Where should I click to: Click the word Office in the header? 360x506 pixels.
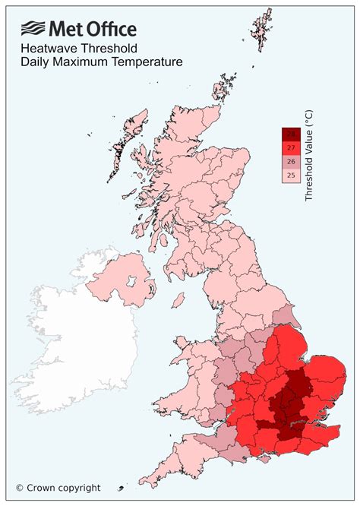tap(112, 30)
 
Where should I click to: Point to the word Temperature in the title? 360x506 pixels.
tap(144, 62)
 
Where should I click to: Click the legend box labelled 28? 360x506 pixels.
tap(291, 134)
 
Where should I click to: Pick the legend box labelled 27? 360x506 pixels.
tap(291, 147)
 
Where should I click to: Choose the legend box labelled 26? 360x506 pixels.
tap(291, 161)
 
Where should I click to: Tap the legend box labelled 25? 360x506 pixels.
tap(291, 175)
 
